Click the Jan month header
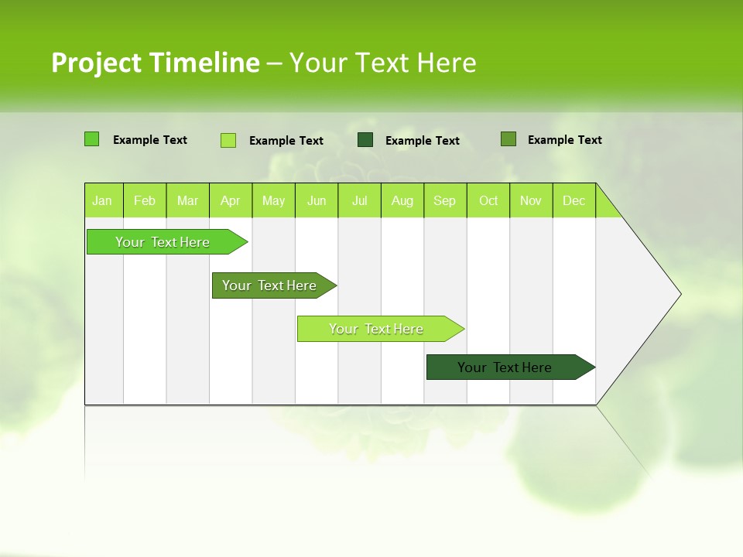point(103,200)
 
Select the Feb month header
point(145,200)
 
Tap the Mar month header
point(187,200)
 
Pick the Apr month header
point(231,200)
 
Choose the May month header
point(273,200)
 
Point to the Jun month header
point(317,200)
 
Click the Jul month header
point(359,200)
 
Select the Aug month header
point(402,200)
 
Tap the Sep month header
point(445,200)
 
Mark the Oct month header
point(488,200)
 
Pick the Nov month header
point(531,200)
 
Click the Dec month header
point(574,200)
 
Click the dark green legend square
point(365,140)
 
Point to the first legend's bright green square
point(92,139)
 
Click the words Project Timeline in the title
point(155,63)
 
